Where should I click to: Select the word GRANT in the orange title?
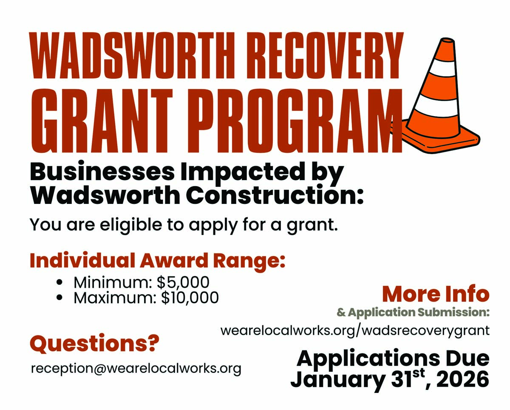pos(102,120)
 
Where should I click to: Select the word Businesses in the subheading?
pos(102,172)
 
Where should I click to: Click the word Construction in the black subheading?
pos(275,196)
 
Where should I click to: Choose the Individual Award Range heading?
pos(158,261)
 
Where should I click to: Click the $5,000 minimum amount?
pos(183,282)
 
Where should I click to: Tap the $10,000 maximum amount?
pos(190,298)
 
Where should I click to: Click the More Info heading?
pos(436,294)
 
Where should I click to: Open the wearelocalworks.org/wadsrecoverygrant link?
pos(355,330)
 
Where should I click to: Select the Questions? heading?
pos(94,344)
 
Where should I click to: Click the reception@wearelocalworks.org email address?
pos(136,369)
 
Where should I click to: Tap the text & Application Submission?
pos(413,312)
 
